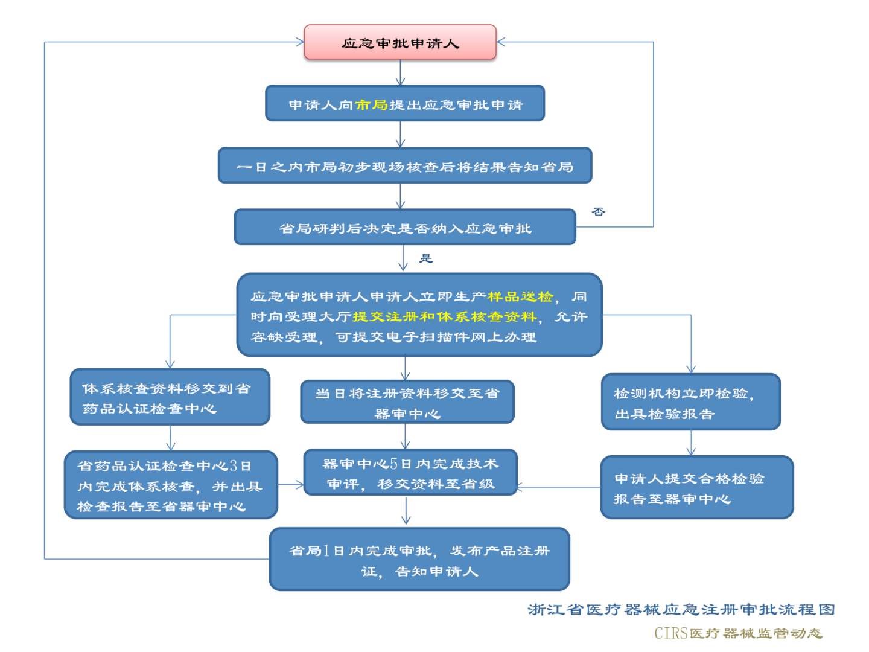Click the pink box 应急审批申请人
(x=400, y=42)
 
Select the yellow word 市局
(x=371, y=105)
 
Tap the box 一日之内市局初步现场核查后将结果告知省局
(x=404, y=166)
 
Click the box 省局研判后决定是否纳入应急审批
(x=404, y=228)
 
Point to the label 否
(x=598, y=211)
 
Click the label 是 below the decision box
(x=426, y=258)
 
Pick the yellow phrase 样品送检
(x=520, y=296)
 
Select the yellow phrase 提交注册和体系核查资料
(x=444, y=316)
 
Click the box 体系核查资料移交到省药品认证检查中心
(x=170, y=397)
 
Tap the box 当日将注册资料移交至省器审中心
(x=407, y=402)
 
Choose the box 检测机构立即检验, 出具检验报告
(x=690, y=402)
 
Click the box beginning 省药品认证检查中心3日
(x=170, y=485)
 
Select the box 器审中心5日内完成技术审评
(x=410, y=473)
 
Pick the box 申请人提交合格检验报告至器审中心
(x=696, y=487)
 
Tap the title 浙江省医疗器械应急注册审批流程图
(x=681, y=609)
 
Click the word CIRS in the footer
(x=671, y=633)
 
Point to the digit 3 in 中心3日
(x=233, y=466)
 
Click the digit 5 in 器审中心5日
(x=393, y=464)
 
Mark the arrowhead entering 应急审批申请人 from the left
(x=300, y=42)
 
